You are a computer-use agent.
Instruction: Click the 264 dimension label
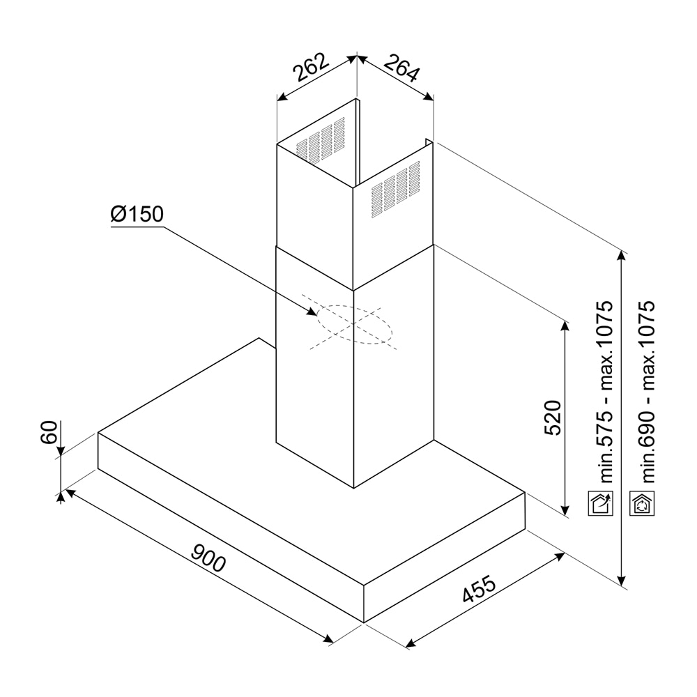click(x=400, y=68)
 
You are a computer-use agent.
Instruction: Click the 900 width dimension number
click(x=208, y=558)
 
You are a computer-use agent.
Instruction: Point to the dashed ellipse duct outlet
click(x=354, y=325)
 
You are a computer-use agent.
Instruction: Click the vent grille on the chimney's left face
click(x=321, y=141)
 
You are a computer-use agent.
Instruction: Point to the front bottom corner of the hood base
click(x=364, y=621)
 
